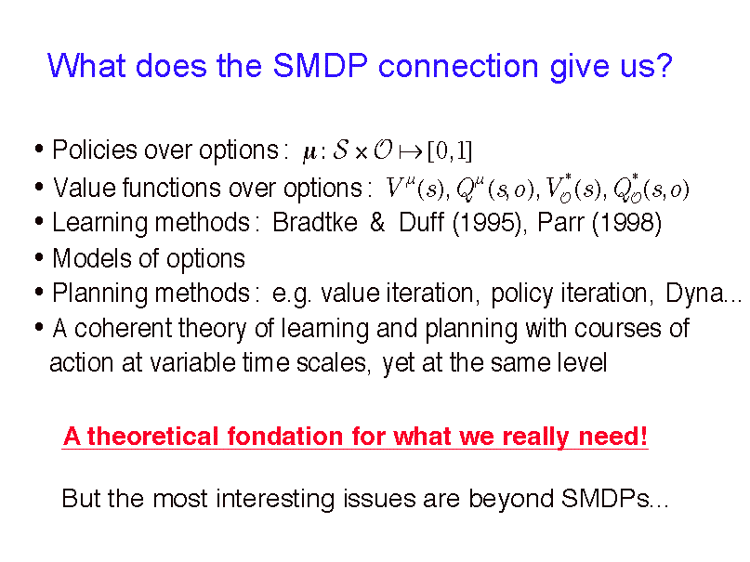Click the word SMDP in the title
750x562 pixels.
[320, 65]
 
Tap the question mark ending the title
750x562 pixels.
[664, 64]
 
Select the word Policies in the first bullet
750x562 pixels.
[95, 150]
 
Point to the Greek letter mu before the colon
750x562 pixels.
[310, 153]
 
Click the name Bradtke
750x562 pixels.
[315, 222]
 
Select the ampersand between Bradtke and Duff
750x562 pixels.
[377, 222]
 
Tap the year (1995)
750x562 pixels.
[487, 223]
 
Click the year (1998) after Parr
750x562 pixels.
[627, 223]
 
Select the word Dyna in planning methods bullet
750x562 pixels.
[694, 293]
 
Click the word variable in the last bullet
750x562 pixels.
[192, 362]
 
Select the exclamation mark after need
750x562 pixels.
[643, 436]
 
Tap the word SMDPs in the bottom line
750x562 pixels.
[605, 499]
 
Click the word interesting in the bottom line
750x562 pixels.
[274, 500]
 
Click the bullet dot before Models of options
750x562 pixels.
[39, 257]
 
